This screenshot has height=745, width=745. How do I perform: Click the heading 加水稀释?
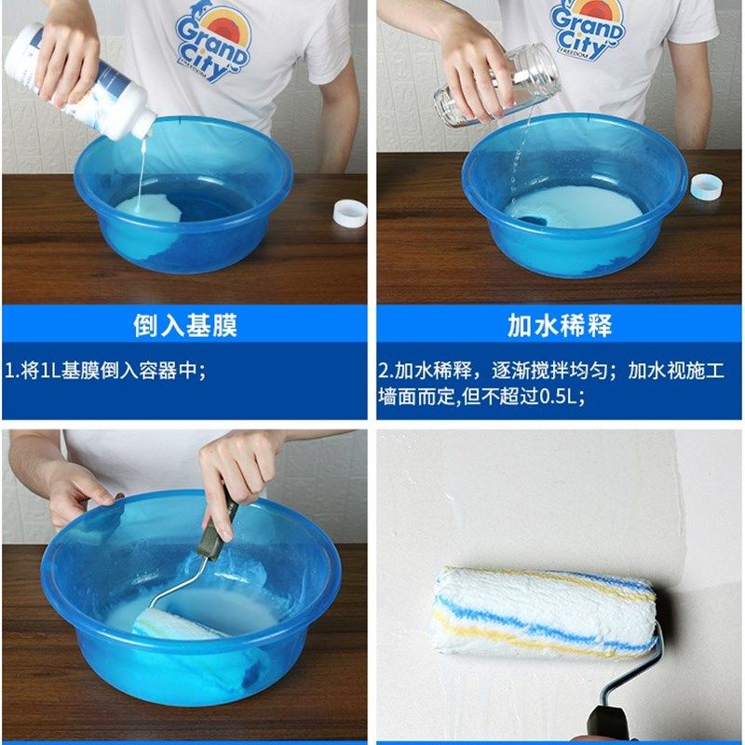point(559,325)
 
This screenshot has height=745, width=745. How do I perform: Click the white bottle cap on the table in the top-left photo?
point(350,213)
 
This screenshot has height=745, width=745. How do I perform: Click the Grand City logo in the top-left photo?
point(212,42)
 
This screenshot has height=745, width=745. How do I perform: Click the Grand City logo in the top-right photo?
point(586,29)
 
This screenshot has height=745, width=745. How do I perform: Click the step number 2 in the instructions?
point(383,371)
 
